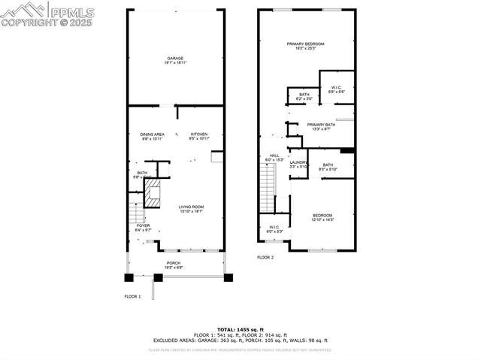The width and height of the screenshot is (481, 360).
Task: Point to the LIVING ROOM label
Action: pos(191,209)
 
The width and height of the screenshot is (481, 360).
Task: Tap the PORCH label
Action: pos(174,265)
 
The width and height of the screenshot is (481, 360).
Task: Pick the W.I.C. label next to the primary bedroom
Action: pos(336,89)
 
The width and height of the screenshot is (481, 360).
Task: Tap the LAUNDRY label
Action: pos(298,164)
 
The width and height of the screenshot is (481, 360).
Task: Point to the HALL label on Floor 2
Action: pos(274,157)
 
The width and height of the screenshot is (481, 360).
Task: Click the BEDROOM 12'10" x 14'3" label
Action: pos(322,216)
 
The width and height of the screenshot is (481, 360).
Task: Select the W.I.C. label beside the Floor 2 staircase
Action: pos(274,229)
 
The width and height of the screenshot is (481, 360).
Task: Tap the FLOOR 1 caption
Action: pos(132,297)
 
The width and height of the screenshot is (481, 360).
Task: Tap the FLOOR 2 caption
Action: pos(265,258)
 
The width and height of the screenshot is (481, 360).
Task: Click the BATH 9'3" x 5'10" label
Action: pos(328,167)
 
